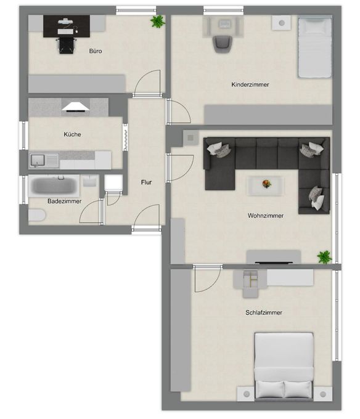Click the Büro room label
tap(96, 51)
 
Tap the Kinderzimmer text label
tap(250, 84)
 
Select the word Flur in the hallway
tap(146, 182)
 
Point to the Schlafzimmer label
tap(264, 312)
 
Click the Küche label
tap(72, 134)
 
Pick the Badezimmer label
tap(64, 201)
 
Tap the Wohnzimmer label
tap(266, 216)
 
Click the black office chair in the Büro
tap(66, 46)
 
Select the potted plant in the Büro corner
tap(157, 22)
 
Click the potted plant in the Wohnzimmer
tap(324, 257)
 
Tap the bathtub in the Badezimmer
tap(54, 185)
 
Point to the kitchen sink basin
tap(38, 160)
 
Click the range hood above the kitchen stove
tap(76, 107)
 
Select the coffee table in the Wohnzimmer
tap(265, 185)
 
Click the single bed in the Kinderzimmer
tap(315, 46)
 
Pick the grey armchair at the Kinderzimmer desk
tap(222, 44)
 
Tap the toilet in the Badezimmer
tap(37, 215)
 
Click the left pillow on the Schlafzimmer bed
tap(270, 389)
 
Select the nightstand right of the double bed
tap(322, 394)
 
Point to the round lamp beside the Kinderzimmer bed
tap(282, 23)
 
